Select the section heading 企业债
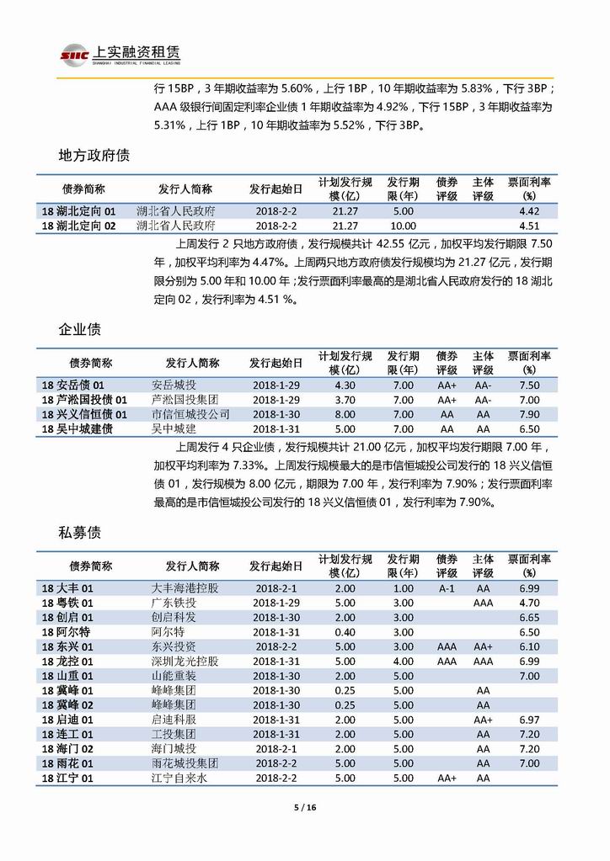point(82,329)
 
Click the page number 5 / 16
point(304,808)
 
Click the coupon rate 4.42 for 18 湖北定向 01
point(529,210)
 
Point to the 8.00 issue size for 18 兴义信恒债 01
point(345,414)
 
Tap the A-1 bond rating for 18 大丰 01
point(447,588)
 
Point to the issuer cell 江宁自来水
point(179,779)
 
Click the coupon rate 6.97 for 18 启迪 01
point(529,720)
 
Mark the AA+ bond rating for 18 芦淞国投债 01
point(447,400)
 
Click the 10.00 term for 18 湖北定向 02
point(403,226)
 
